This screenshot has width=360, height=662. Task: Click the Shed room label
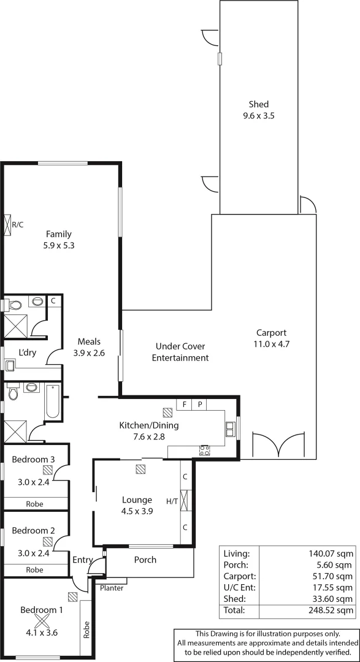point(258,104)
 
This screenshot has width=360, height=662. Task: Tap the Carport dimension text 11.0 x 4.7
point(272,344)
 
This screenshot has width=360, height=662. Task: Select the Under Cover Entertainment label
point(180,352)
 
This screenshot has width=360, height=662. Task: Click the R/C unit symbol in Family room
point(8,224)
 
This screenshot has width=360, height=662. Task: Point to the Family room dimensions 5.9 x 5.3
point(59,245)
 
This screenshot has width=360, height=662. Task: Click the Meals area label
point(89,341)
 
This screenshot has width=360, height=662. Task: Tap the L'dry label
point(27,352)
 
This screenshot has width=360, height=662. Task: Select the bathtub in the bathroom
point(53,401)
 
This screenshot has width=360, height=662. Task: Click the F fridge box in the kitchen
point(184,405)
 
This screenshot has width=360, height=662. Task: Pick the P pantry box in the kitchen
point(200,405)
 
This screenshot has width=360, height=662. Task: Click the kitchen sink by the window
point(230,428)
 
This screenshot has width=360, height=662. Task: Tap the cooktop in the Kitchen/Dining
point(205,451)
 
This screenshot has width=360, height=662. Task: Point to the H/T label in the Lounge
point(172,501)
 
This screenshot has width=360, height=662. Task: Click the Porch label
point(145,560)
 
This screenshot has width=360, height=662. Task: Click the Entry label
point(82,560)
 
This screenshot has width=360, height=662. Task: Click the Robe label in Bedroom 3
point(34,504)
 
